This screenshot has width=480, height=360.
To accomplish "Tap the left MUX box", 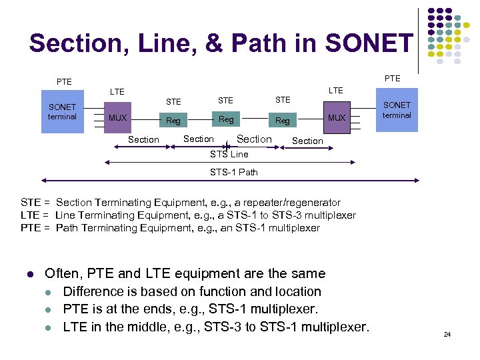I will [x=117, y=118].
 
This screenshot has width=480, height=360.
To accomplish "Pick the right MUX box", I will [x=337, y=118].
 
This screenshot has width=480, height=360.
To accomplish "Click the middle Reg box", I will [x=227, y=119].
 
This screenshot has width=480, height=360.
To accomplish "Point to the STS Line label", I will [x=229, y=154].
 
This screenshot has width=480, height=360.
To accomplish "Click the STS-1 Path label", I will [x=233, y=172].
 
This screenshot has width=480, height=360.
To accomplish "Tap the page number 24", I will [x=447, y=334].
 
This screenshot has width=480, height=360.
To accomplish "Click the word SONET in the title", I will [x=369, y=43].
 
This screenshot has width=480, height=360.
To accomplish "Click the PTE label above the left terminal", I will [x=64, y=82].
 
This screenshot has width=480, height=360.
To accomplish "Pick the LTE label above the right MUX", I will [x=336, y=90].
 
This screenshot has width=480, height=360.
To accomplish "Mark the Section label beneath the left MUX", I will [x=143, y=139].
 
